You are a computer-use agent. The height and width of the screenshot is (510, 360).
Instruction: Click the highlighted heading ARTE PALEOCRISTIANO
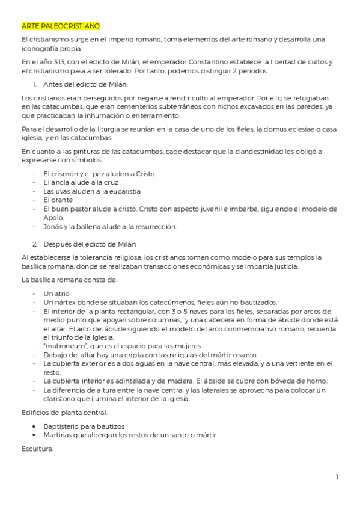(x=61, y=26)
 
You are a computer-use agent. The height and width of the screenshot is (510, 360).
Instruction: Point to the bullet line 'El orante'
(x=58, y=200)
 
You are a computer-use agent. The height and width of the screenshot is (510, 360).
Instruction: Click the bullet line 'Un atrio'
(x=56, y=293)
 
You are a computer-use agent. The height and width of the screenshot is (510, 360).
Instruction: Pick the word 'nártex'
(x=64, y=302)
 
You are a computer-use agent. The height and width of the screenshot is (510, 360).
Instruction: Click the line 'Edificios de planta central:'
(x=64, y=413)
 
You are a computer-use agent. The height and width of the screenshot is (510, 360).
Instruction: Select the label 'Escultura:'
(x=37, y=449)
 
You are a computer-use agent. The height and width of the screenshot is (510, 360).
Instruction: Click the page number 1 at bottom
(x=337, y=477)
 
